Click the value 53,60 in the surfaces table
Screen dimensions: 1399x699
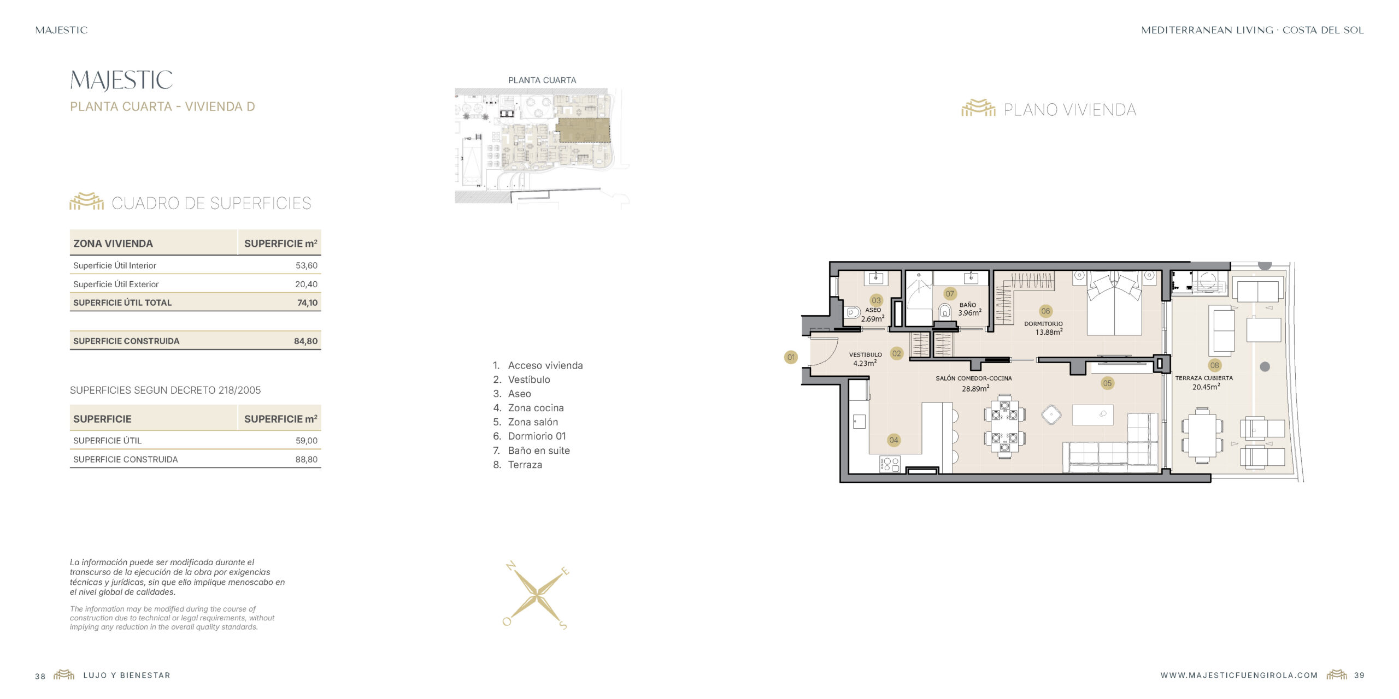pyautogui.click(x=306, y=265)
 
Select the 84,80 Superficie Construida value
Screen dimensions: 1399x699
pyautogui.click(x=305, y=341)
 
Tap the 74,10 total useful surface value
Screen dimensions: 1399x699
pyautogui.click(x=307, y=303)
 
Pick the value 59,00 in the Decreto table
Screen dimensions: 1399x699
pyautogui.click(x=306, y=441)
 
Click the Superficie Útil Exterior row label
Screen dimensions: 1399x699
pyautogui.click(x=116, y=284)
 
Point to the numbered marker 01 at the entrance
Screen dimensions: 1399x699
pyautogui.click(x=791, y=357)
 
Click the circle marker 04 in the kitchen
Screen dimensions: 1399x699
pyautogui.click(x=894, y=440)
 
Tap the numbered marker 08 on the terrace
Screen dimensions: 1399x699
pyautogui.click(x=1214, y=365)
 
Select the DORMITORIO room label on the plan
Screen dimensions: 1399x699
pyautogui.click(x=1043, y=324)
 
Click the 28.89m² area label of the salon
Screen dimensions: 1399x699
pyautogui.click(x=975, y=388)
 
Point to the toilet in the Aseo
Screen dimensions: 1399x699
pyautogui.click(x=852, y=313)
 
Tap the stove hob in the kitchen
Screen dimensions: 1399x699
pyautogui.click(x=890, y=464)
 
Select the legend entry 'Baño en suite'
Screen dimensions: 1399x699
pyautogui.click(x=539, y=451)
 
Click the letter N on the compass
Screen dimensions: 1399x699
pyautogui.click(x=511, y=566)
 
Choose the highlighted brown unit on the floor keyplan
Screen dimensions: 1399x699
pyautogui.click(x=583, y=131)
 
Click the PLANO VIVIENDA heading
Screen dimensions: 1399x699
pyautogui.click(x=1069, y=110)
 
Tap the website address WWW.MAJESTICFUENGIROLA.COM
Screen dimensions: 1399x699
pyautogui.click(x=1239, y=676)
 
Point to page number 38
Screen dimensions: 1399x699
pyautogui.click(x=40, y=676)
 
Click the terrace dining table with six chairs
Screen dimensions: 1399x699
pyautogui.click(x=1202, y=435)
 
